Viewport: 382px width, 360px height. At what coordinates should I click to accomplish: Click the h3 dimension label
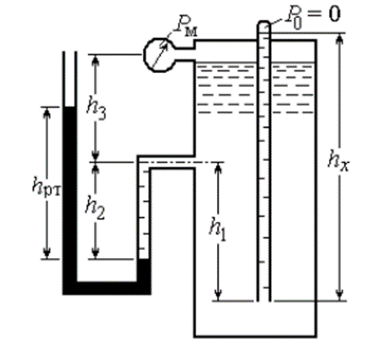pos(97,110)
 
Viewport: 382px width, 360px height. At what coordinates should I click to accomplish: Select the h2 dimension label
pos(95,211)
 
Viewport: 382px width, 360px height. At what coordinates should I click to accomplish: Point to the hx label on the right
pos(339,162)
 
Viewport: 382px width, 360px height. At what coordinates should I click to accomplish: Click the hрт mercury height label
pos(47,186)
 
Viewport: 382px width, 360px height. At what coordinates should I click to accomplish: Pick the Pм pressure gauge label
pos(186,27)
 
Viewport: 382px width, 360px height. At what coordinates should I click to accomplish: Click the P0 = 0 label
pos(313,17)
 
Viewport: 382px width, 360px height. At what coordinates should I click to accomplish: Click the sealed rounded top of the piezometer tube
pos(264,24)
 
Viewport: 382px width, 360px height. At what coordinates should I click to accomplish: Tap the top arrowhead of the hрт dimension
pos(47,113)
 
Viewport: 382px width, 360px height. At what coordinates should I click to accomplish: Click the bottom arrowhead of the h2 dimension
pos(96,252)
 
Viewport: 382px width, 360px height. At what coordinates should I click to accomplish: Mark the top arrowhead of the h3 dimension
pos(96,61)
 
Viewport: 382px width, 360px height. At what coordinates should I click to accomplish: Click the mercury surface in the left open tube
pos(69,107)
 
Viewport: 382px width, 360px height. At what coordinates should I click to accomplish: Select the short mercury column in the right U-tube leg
pos(144,271)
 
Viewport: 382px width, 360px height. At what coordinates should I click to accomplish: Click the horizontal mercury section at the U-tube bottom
pos(107,288)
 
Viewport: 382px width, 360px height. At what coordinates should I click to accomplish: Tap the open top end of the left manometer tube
pos(70,52)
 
